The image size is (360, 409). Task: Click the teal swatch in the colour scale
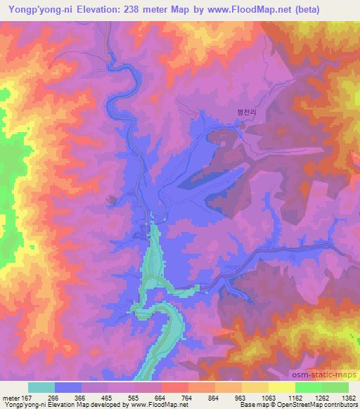coord(41,387)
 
